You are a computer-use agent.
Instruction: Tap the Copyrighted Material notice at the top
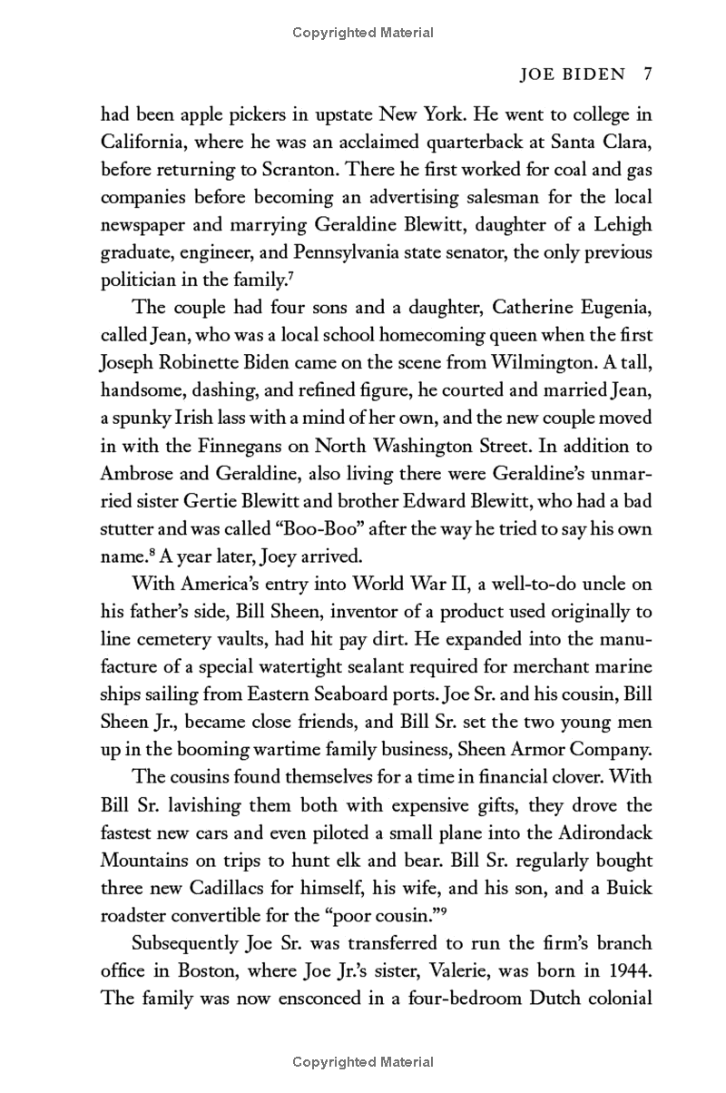coord(363,33)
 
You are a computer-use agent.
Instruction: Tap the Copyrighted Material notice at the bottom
coord(363,1061)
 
